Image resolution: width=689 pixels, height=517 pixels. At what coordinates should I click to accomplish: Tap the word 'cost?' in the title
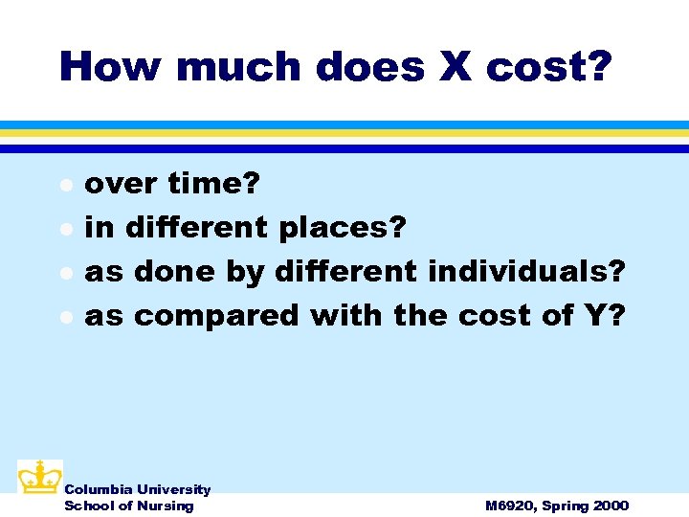(547, 67)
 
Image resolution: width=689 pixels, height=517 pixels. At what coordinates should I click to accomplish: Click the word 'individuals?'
(526, 272)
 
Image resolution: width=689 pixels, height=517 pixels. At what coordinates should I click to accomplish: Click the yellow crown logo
(39, 476)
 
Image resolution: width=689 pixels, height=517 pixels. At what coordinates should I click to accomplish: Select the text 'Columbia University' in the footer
(137, 489)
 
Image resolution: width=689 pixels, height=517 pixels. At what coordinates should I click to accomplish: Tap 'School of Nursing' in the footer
(128, 506)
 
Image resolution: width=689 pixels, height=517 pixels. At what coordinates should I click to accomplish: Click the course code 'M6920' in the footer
(510, 506)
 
